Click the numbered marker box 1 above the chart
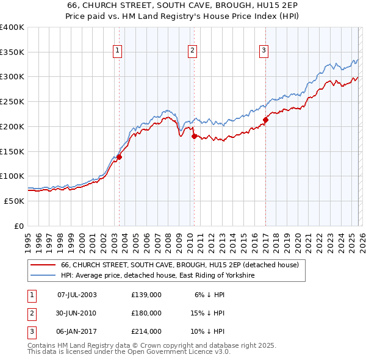117,51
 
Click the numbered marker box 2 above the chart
192,51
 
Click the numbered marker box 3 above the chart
264,51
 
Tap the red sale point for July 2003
120,157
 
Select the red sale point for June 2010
194,136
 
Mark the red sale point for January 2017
265,120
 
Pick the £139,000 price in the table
146,294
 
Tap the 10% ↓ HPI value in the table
210,332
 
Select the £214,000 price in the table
146,332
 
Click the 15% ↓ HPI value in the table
210,313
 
